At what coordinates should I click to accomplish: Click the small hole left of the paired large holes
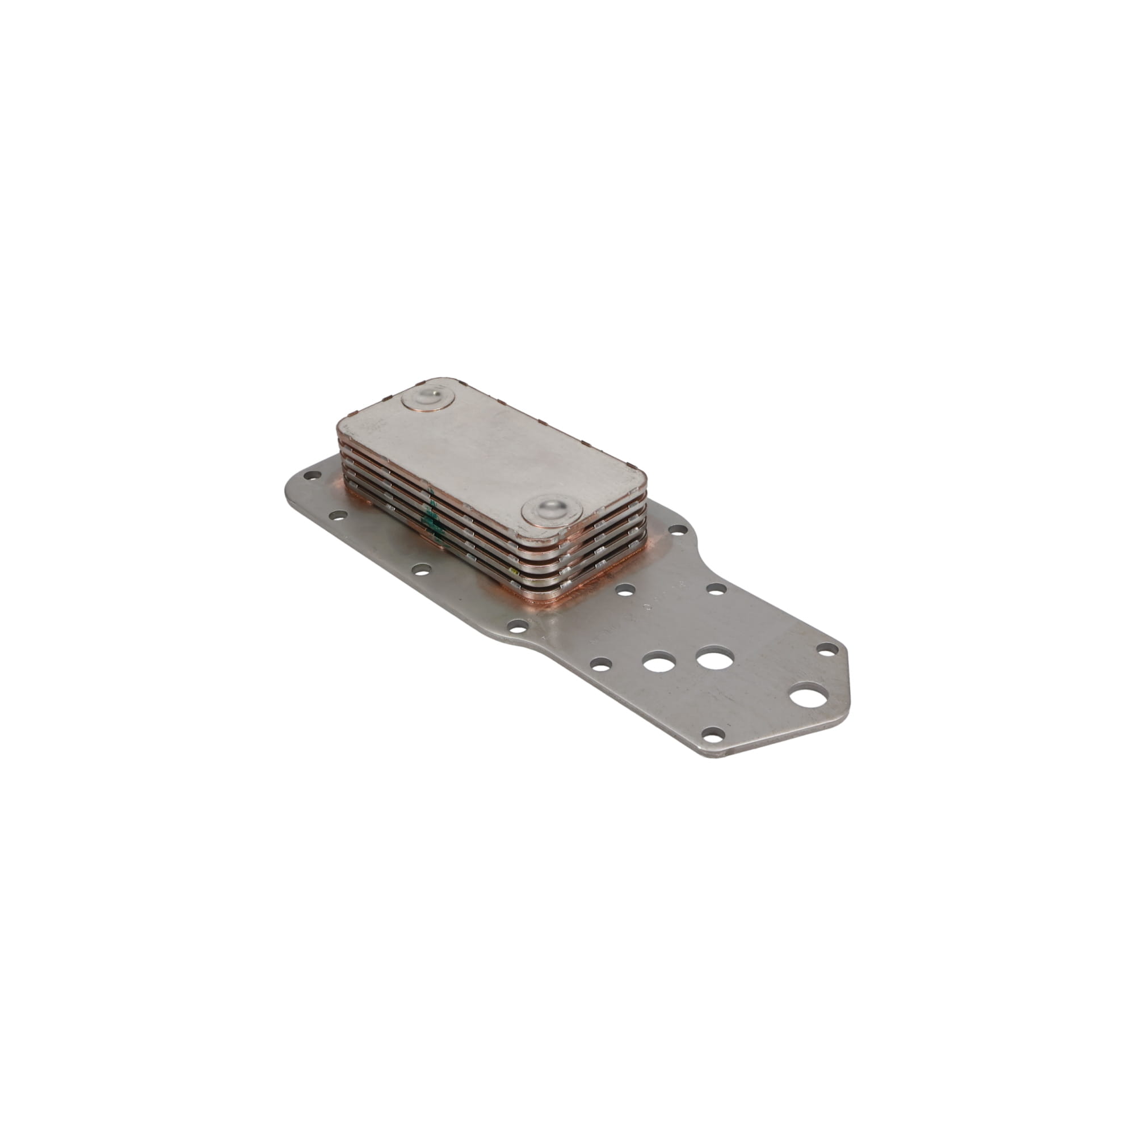coord(600,664)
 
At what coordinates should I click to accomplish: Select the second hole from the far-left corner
coord(337,516)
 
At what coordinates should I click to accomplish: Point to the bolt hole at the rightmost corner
coord(827,649)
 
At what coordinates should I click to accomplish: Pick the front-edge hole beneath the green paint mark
coord(420,569)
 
